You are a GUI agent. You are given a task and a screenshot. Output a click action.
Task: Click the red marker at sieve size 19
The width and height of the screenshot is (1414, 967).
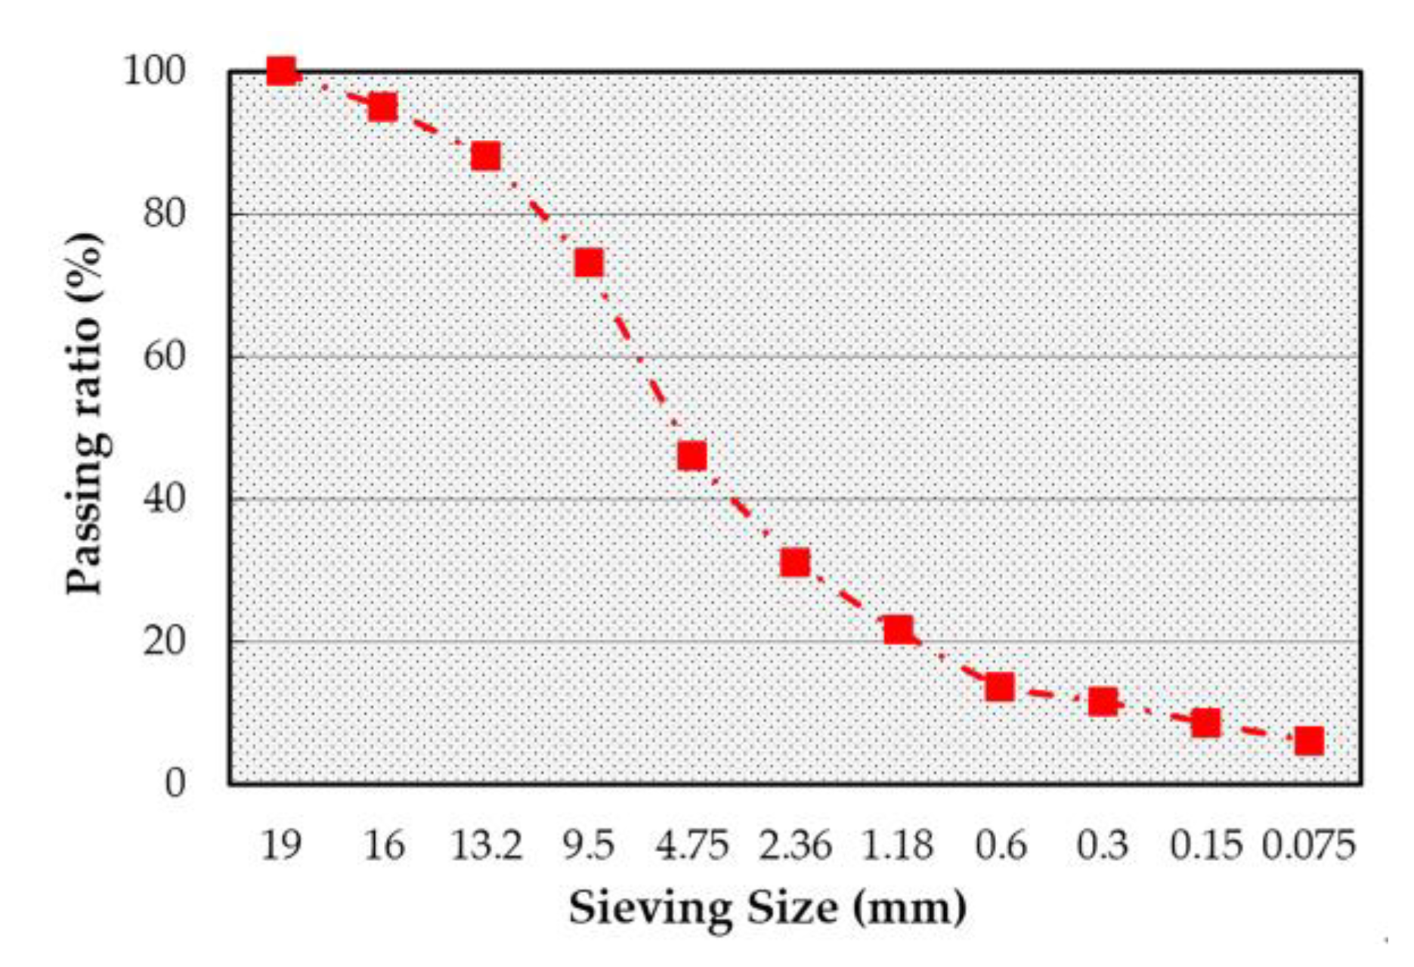pyautogui.click(x=281, y=72)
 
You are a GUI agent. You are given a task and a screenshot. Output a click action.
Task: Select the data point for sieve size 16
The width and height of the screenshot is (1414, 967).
pyautogui.click(x=382, y=107)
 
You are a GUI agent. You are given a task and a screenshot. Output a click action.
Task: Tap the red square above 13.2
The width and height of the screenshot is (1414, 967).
pyautogui.click(x=485, y=157)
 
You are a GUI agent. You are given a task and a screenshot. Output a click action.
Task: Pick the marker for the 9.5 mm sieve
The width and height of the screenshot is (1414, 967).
pyautogui.click(x=589, y=263)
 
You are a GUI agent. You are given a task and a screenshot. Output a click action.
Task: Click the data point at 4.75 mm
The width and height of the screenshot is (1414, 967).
pyautogui.click(x=692, y=456)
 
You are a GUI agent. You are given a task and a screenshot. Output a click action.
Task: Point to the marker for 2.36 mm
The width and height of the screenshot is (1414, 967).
pyautogui.click(x=795, y=563)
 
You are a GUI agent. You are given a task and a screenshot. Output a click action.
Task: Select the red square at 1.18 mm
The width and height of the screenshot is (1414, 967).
pyautogui.click(x=898, y=629)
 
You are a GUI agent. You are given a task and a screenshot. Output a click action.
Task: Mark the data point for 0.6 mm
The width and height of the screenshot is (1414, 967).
pyautogui.click(x=1000, y=687)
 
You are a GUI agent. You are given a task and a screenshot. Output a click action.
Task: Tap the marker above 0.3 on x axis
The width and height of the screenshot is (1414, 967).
pyautogui.click(x=1103, y=702)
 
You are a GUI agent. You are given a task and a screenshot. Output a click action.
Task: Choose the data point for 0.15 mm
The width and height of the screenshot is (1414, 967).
pyautogui.click(x=1206, y=723)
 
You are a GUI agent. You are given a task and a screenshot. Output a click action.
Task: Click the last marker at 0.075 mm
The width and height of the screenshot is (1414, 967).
pyautogui.click(x=1309, y=741)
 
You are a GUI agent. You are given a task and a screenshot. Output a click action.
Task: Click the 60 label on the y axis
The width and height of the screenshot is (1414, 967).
pyautogui.click(x=164, y=356)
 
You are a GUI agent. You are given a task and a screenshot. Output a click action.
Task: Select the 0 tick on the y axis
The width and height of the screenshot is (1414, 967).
pyautogui.click(x=175, y=783)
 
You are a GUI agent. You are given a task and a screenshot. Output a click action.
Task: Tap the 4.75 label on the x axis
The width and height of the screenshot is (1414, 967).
pyautogui.click(x=692, y=845)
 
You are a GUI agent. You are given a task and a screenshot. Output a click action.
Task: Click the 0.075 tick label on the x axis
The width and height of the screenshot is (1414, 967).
pyautogui.click(x=1308, y=845)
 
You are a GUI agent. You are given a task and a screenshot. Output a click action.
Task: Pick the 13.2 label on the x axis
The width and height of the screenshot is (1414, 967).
pyautogui.click(x=486, y=845)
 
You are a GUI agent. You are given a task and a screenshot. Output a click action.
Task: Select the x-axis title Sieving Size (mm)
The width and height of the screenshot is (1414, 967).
pyautogui.click(x=767, y=908)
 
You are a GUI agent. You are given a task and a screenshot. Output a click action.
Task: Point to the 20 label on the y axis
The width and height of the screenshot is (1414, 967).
pyautogui.click(x=164, y=641)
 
